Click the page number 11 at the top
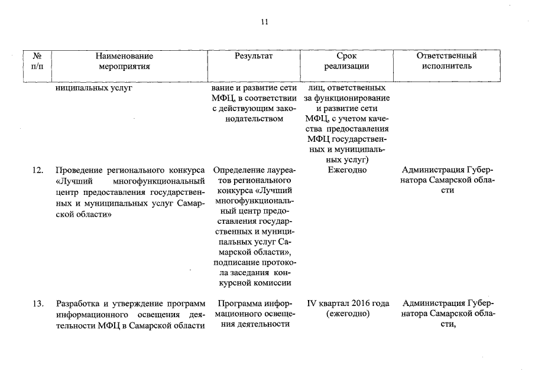(264, 22)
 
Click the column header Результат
(254, 56)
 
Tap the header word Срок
(346, 56)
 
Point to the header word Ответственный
(446, 56)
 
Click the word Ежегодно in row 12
(346, 171)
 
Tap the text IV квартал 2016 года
(348, 304)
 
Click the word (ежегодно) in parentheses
(348, 314)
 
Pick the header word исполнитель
(446, 67)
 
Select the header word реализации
(346, 67)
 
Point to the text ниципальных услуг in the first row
(93, 89)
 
